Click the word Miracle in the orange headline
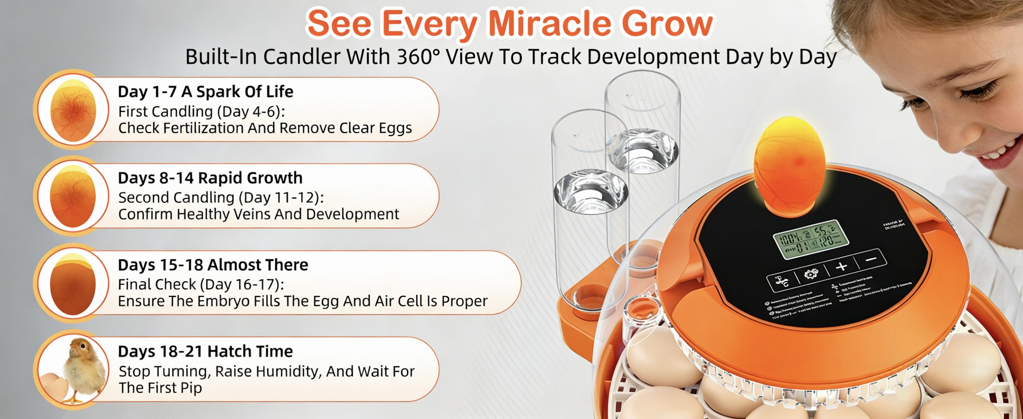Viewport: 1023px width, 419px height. pyautogui.click(x=551, y=24)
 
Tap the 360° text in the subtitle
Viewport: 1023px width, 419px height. pyautogui.click(x=418, y=57)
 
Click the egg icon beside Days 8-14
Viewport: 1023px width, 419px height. pyautogui.click(x=73, y=196)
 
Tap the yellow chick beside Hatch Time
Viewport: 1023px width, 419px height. pyautogui.click(x=84, y=368)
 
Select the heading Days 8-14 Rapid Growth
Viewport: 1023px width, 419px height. pyautogui.click(x=210, y=178)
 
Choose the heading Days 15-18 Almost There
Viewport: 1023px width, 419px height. pyautogui.click(x=213, y=265)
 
